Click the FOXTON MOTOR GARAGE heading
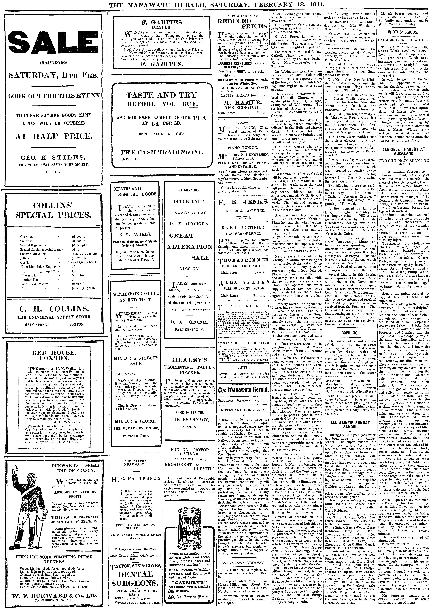(190, 451)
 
